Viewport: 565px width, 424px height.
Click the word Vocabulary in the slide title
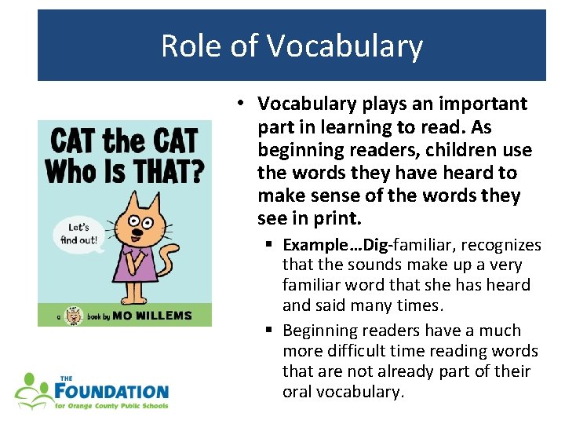pos(344,46)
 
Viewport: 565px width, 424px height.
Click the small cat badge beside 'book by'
pos(74,315)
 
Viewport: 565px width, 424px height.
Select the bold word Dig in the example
pos(391,245)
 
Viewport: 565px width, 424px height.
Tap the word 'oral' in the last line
pos(297,391)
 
